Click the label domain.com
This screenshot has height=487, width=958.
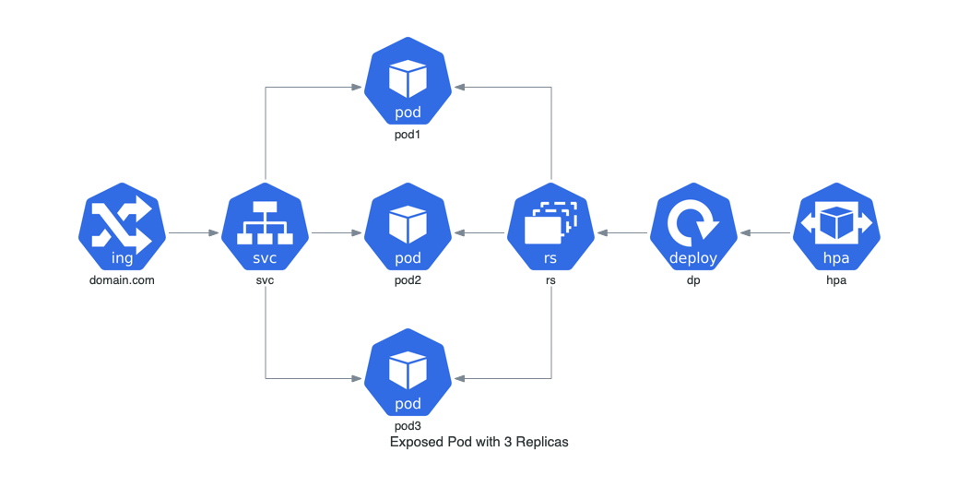(x=122, y=280)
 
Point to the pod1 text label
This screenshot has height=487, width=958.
(x=408, y=136)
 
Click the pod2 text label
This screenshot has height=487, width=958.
(x=408, y=280)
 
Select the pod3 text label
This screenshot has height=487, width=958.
(x=408, y=426)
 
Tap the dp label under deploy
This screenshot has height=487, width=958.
(x=693, y=280)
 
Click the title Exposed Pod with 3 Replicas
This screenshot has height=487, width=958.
(x=479, y=443)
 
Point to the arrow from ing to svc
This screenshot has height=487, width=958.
(x=193, y=233)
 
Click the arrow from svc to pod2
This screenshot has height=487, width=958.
(x=336, y=233)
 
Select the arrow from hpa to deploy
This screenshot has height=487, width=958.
(x=765, y=233)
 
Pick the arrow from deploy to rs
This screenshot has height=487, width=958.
(x=622, y=233)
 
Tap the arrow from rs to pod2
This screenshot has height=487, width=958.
(x=479, y=233)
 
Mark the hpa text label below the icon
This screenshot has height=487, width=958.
(x=836, y=280)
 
